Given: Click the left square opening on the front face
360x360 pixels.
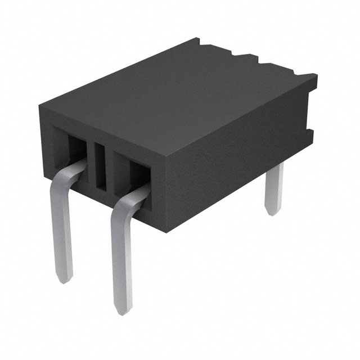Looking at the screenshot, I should point(77,148).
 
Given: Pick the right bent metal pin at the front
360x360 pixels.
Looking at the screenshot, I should point(121,253).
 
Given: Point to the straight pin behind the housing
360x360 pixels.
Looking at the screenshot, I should point(274,191).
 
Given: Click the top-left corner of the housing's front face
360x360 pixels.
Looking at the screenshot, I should point(42,107).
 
